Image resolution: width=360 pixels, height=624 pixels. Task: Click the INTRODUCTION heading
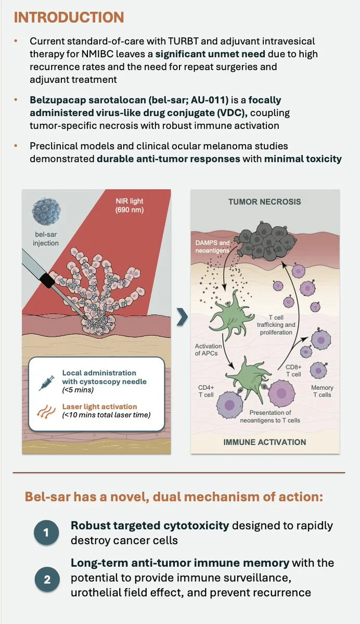69,17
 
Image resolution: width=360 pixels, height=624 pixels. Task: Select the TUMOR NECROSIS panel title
264,201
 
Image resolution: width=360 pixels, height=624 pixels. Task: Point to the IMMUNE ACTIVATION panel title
264,442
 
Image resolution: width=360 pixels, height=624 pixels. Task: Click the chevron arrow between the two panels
182,318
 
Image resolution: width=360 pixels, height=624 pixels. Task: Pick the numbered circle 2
47,579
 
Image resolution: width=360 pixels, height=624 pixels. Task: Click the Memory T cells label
322,391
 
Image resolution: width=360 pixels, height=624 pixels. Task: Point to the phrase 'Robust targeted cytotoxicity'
150,526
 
